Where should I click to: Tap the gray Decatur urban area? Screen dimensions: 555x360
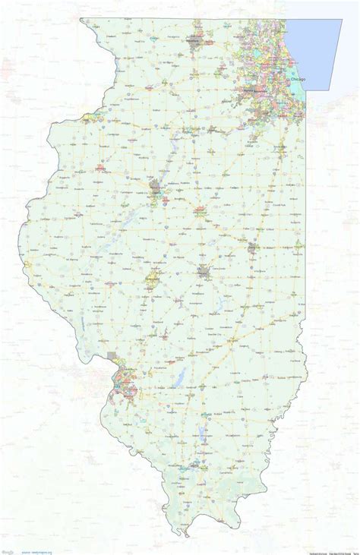pyautogui.click(x=203, y=270)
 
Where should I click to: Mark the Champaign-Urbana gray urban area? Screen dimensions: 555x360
pyautogui.click(x=251, y=247)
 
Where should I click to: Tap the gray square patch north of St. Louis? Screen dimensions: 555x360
pyautogui.click(x=113, y=356)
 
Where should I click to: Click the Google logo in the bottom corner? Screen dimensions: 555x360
pyautogui.click(x=8, y=551)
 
